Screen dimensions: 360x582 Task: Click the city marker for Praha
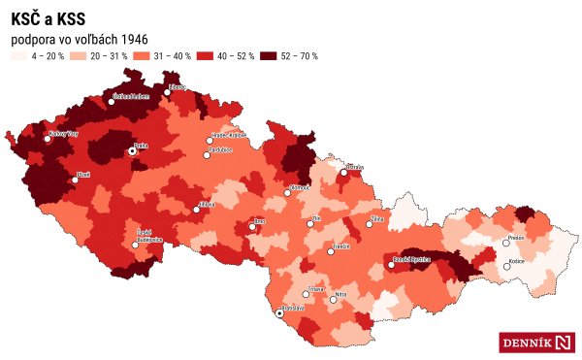(x=133, y=151)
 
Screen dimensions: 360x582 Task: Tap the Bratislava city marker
(x=280, y=313)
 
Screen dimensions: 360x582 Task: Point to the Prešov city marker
(x=505, y=243)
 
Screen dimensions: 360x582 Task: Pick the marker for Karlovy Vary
(x=48, y=139)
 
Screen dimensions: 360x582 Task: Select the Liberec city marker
(x=167, y=93)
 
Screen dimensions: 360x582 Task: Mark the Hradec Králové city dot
(x=208, y=141)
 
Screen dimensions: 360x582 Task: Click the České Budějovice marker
(x=136, y=245)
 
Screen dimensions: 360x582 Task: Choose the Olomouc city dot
(x=287, y=193)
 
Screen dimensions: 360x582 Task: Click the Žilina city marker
(x=369, y=225)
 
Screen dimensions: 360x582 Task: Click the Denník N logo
(x=537, y=342)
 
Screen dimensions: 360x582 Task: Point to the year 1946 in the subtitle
(x=131, y=38)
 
